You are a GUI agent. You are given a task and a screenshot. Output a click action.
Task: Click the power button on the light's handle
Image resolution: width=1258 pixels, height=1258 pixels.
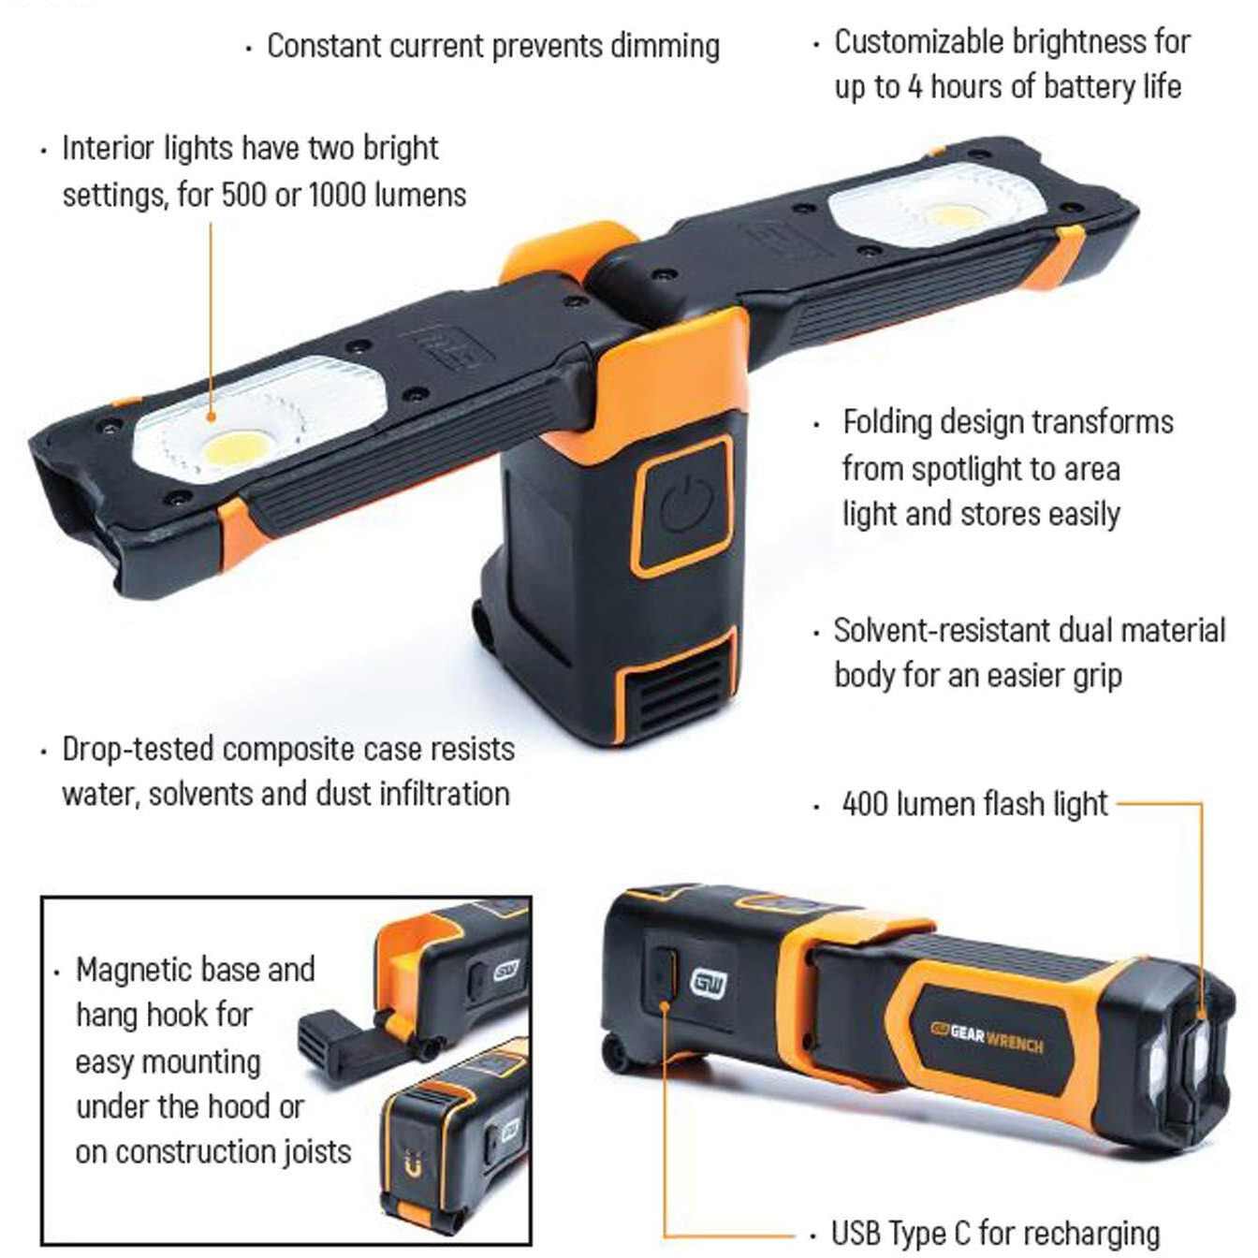pyautogui.click(x=686, y=506)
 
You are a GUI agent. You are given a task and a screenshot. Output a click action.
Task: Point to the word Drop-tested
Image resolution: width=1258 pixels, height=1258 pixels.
pyautogui.click(x=139, y=749)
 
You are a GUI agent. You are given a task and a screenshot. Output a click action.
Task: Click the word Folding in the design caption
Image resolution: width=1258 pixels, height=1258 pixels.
pyautogui.click(x=887, y=422)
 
